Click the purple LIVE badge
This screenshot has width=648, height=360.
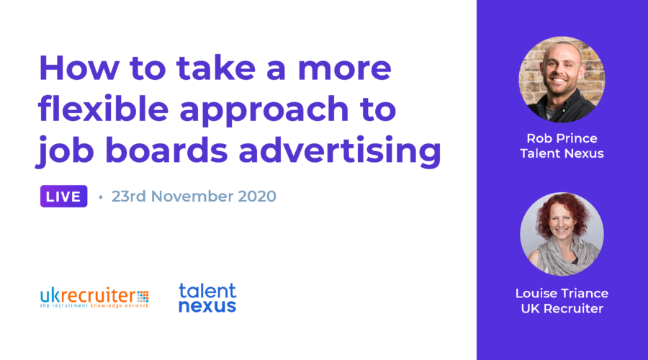[x=63, y=197]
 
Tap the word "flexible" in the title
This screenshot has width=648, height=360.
[x=103, y=109]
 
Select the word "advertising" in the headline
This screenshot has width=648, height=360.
[x=340, y=150]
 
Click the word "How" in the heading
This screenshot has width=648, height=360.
[x=79, y=68]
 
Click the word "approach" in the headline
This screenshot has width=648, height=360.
[x=264, y=111]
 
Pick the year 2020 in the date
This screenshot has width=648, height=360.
[x=257, y=197]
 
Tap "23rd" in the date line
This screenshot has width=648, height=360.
[x=129, y=197]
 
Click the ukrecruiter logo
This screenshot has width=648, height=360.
[x=94, y=297]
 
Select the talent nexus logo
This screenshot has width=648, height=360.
[x=207, y=297]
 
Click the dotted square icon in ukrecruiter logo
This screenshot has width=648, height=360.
[x=143, y=297]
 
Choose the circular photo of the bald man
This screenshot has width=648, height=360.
[x=562, y=79]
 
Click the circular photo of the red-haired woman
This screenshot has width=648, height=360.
[x=562, y=234]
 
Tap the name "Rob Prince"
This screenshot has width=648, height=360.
[x=562, y=138]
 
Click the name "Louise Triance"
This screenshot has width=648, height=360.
[x=562, y=293]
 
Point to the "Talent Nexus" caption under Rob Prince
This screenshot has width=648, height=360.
[x=562, y=153]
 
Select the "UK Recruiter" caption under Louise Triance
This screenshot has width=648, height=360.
[x=562, y=308]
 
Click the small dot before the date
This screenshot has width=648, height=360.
[x=100, y=197]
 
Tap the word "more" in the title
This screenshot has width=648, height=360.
[x=344, y=69]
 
